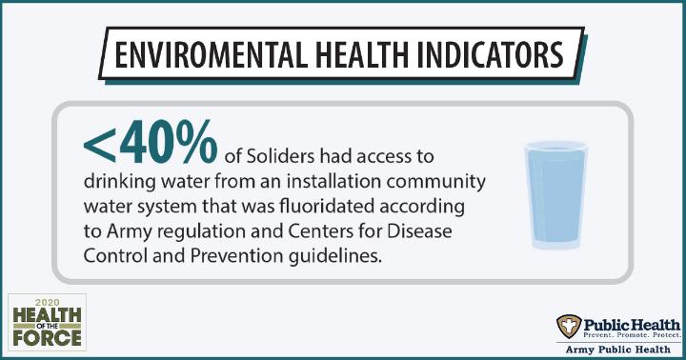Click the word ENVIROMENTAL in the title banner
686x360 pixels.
pos(211,54)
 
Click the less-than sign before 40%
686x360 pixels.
pos(99,145)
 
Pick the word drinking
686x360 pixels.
pos(119,182)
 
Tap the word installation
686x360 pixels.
pos(334,181)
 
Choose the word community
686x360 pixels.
pos(435,182)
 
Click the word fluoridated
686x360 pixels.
pos(327,206)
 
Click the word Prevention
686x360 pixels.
pos(237,256)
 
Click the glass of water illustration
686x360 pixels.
pos(555,195)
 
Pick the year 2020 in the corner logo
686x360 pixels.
pos(47,302)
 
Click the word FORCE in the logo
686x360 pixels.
pos(47,338)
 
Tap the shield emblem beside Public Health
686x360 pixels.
pos(569,327)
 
